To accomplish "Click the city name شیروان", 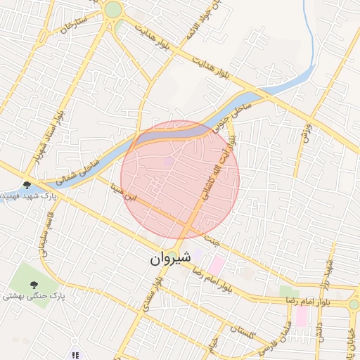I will (169, 258).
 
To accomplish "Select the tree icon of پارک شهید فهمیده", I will (27, 185).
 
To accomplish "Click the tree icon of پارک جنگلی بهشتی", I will (34, 285).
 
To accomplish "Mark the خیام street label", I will (213, 345).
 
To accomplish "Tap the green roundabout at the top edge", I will (112, 10).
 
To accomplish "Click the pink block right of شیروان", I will (217, 265).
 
